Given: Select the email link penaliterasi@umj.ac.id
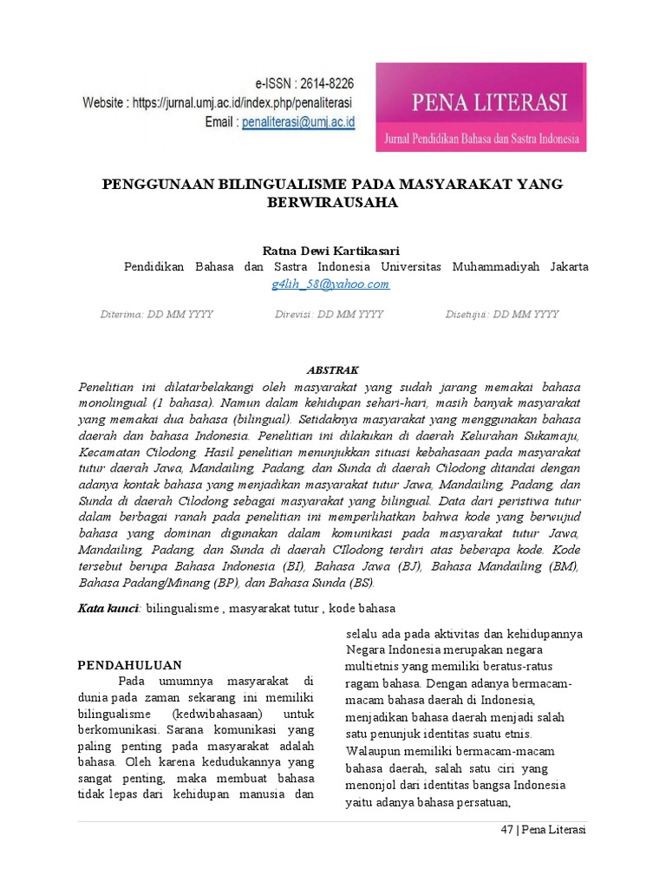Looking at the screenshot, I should pos(299,122).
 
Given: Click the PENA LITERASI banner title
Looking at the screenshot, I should pos(480,103).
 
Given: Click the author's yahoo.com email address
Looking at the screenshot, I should pos(330,284).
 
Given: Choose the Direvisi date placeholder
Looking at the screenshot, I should pos(329,314).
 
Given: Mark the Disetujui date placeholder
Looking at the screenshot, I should pos(501,314).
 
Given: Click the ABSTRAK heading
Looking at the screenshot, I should pos(332,369).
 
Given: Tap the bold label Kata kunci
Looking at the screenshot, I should pos(109,608).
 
